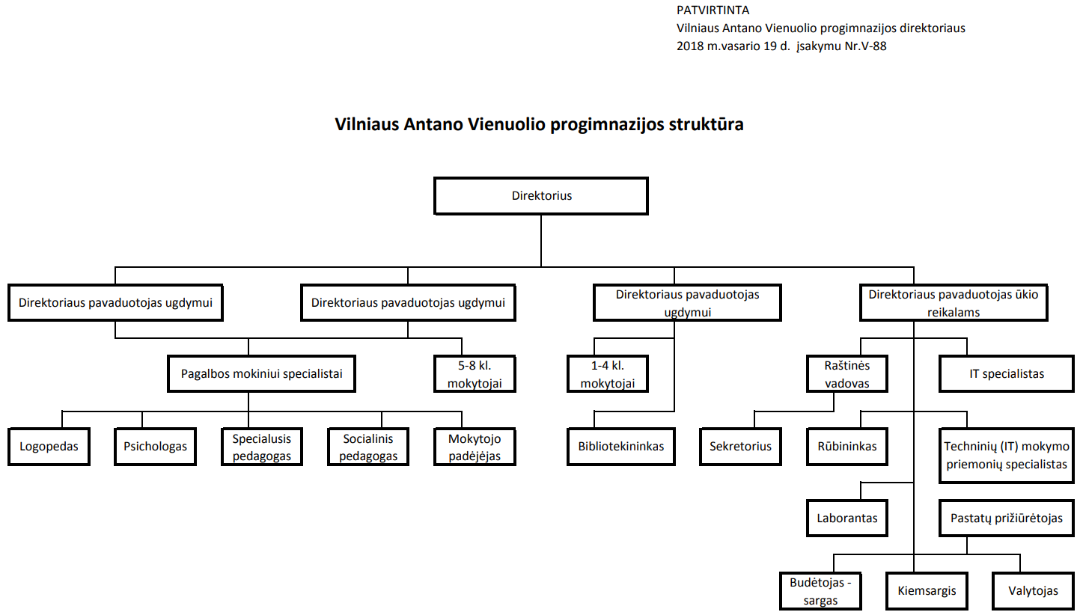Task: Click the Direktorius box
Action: (541, 196)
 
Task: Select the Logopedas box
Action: (49, 447)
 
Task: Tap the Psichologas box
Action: (155, 447)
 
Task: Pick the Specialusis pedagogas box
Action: (262, 447)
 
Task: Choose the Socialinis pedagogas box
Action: (368, 447)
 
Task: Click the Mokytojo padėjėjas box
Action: (475, 447)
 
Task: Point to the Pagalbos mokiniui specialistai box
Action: (261, 374)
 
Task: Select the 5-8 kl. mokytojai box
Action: (475, 374)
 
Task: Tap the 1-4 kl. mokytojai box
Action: (608, 374)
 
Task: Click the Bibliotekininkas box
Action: (621, 447)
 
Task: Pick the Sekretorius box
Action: (740, 447)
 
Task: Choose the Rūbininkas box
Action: (847, 447)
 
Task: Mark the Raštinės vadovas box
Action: (847, 374)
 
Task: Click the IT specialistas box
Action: (1007, 374)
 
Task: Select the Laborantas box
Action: (847, 518)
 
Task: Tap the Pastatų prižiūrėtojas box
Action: (1007, 518)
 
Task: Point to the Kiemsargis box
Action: (927, 591)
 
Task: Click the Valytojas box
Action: (1034, 591)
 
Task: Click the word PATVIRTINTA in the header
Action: (713, 10)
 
